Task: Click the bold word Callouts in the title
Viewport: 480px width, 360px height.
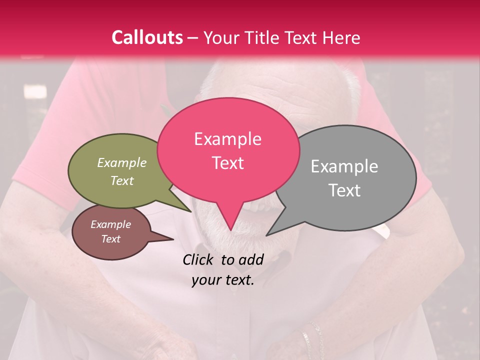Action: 147,37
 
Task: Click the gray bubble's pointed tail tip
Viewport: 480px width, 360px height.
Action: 266,235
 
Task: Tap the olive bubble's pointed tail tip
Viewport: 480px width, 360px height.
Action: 191,211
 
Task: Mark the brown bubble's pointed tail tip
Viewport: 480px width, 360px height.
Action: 173,239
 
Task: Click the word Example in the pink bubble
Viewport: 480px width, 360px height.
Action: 227,139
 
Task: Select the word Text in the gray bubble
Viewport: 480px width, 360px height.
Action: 344,190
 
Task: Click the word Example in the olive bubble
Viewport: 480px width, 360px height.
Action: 122,163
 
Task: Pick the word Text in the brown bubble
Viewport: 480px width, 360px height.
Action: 111,239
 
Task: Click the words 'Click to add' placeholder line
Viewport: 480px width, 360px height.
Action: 223,259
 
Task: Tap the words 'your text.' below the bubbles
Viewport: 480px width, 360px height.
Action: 223,280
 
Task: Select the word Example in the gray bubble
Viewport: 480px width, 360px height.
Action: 344,166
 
